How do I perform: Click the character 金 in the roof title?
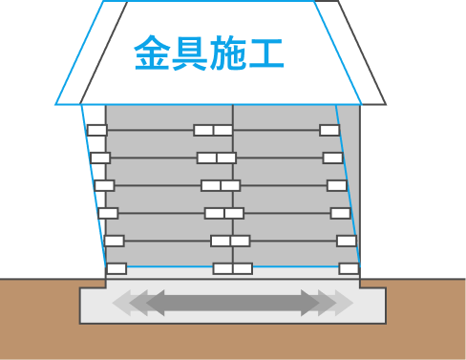(x=153, y=53)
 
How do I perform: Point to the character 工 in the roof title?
(x=268, y=53)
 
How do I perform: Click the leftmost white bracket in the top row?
(x=96, y=130)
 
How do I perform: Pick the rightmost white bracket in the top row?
(x=329, y=130)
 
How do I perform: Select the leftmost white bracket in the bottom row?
(x=116, y=268)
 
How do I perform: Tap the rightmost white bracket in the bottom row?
(x=349, y=268)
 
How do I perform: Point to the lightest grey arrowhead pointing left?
(x=119, y=303)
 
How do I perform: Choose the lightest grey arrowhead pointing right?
(x=346, y=303)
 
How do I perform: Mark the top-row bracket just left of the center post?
(x=203, y=130)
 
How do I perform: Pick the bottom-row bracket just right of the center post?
(x=243, y=268)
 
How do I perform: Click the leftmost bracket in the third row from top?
(x=104, y=185)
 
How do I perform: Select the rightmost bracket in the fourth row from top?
(x=341, y=213)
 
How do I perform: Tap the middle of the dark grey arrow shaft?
(x=233, y=303)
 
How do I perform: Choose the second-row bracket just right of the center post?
(x=226, y=158)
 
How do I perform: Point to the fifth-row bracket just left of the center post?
(x=220, y=241)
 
